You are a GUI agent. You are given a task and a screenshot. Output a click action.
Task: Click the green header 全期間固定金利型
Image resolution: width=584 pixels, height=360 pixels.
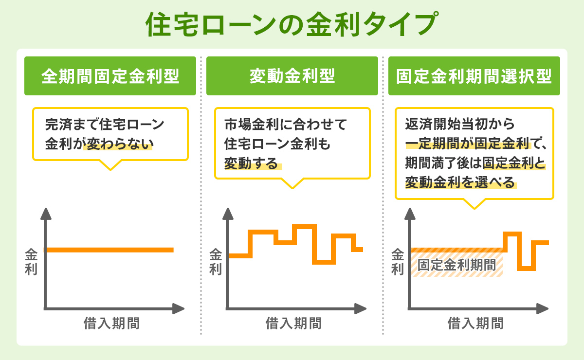click(110, 76)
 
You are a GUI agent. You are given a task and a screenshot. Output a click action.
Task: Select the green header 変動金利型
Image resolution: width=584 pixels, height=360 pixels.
click(292, 76)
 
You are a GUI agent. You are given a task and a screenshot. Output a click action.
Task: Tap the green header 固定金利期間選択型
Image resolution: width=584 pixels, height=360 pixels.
click(474, 76)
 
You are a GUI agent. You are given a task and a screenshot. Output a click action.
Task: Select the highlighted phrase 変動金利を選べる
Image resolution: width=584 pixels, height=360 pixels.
click(460, 182)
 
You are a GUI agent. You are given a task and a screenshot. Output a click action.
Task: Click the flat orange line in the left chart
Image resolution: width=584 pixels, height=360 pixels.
click(110, 250)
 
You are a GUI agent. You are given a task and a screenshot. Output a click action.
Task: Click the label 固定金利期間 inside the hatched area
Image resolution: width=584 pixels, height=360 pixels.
click(456, 266)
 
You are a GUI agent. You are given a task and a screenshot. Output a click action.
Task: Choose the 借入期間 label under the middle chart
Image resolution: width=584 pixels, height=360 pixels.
click(294, 323)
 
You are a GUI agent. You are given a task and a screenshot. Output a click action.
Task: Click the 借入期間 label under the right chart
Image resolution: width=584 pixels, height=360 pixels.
click(475, 323)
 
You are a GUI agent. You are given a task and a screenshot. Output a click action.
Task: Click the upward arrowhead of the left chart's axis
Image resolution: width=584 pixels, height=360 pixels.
click(45, 213)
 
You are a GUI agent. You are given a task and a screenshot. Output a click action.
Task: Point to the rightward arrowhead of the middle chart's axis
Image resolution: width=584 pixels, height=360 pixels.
click(360, 308)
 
